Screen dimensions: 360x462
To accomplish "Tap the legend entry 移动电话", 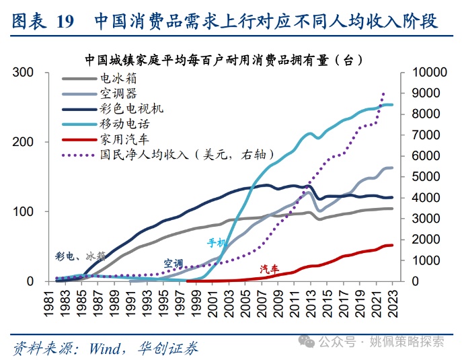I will tap(124, 124).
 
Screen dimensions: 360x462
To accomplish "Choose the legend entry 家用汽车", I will tap(124, 139).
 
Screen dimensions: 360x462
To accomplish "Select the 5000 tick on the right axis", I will tap(420, 177).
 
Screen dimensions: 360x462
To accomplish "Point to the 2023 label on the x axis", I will tap(393, 300).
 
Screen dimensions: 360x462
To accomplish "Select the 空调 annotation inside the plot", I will tap(173, 263).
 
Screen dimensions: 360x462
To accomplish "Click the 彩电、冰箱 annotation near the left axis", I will tap(80, 256).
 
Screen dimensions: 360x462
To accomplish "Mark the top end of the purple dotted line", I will tap(384, 93).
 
